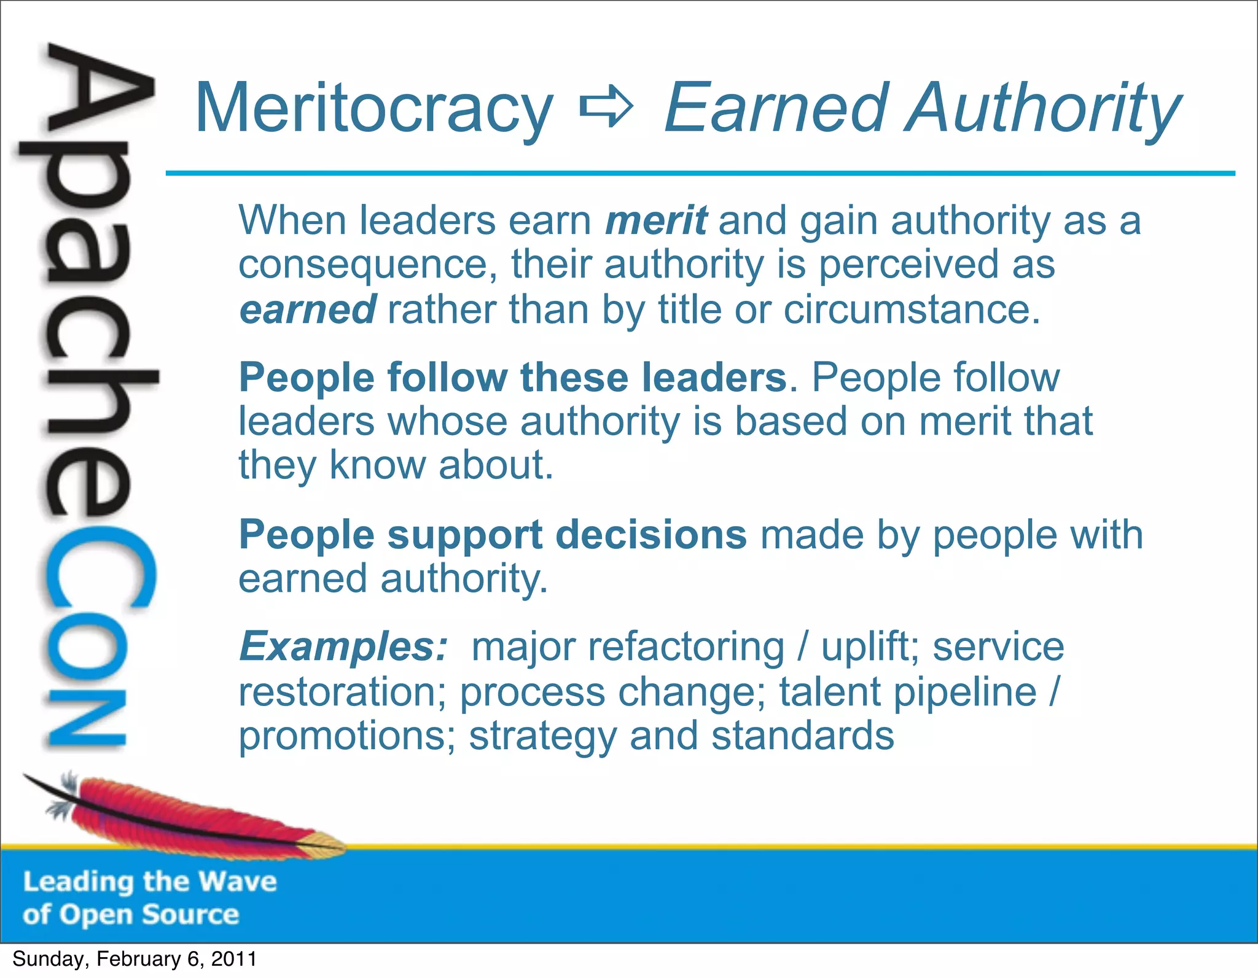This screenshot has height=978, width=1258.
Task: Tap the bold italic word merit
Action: point(655,220)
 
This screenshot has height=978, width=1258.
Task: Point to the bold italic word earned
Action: point(307,309)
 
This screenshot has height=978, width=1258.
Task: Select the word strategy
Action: point(542,737)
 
